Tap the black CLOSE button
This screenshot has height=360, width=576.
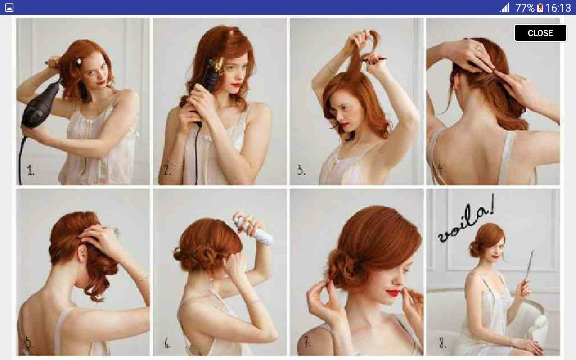(x=540, y=33)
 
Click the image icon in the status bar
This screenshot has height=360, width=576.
(x=9, y=8)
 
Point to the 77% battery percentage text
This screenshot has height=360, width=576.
(x=525, y=8)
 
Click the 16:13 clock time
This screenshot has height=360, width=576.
(x=558, y=8)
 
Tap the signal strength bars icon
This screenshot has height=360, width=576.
(x=505, y=8)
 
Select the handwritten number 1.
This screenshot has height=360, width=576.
(x=30, y=170)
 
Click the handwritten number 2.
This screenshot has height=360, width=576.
(x=167, y=170)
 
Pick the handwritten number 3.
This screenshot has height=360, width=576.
(x=301, y=170)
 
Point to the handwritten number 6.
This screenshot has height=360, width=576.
(x=167, y=343)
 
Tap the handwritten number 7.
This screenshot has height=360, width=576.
(x=307, y=342)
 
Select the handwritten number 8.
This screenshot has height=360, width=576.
(x=442, y=343)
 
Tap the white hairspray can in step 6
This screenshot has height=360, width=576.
(x=254, y=231)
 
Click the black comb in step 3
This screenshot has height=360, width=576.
(x=373, y=60)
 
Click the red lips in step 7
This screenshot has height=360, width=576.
(x=393, y=292)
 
